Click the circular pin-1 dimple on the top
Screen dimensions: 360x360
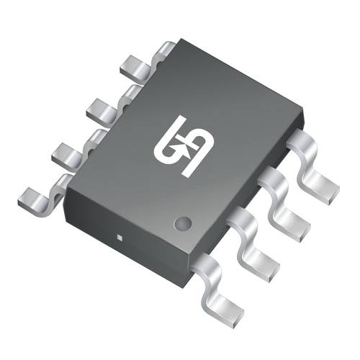[184, 222]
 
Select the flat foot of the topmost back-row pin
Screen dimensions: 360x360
[132, 67]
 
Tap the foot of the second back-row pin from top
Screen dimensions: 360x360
[99, 109]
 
